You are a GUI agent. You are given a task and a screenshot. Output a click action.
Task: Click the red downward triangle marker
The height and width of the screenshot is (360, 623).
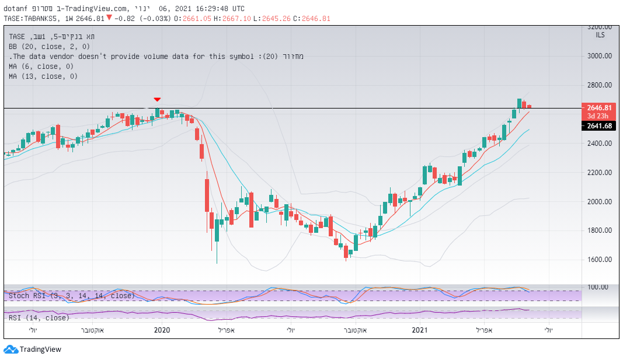tap(157, 100)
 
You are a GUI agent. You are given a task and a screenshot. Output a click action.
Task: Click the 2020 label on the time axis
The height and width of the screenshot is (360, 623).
tap(162, 330)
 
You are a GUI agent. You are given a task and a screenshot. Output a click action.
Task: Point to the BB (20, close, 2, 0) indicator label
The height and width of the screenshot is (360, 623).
tap(50, 46)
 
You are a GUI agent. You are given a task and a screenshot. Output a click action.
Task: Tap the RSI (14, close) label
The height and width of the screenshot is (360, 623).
tap(39, 317)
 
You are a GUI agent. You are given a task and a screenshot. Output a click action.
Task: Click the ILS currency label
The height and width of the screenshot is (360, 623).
tap(600, 36)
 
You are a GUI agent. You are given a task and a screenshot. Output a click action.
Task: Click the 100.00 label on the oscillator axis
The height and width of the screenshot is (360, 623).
tap(598, 287)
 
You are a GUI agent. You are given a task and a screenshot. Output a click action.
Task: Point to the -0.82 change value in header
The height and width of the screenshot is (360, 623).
tap(123, 18)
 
